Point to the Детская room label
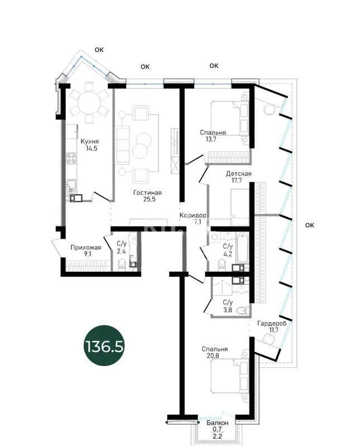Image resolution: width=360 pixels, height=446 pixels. [238, 174]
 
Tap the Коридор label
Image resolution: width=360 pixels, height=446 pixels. [193, 215]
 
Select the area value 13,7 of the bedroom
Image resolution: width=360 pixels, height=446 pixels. [213, 140]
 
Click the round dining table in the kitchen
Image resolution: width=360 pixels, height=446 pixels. [89, 102]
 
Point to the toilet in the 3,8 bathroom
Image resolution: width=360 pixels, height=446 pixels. [242, 310]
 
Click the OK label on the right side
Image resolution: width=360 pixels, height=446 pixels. [310, 225]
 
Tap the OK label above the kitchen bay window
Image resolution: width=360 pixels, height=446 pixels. [99, 50]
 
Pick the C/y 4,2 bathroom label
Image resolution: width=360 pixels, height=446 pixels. [228, 250]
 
